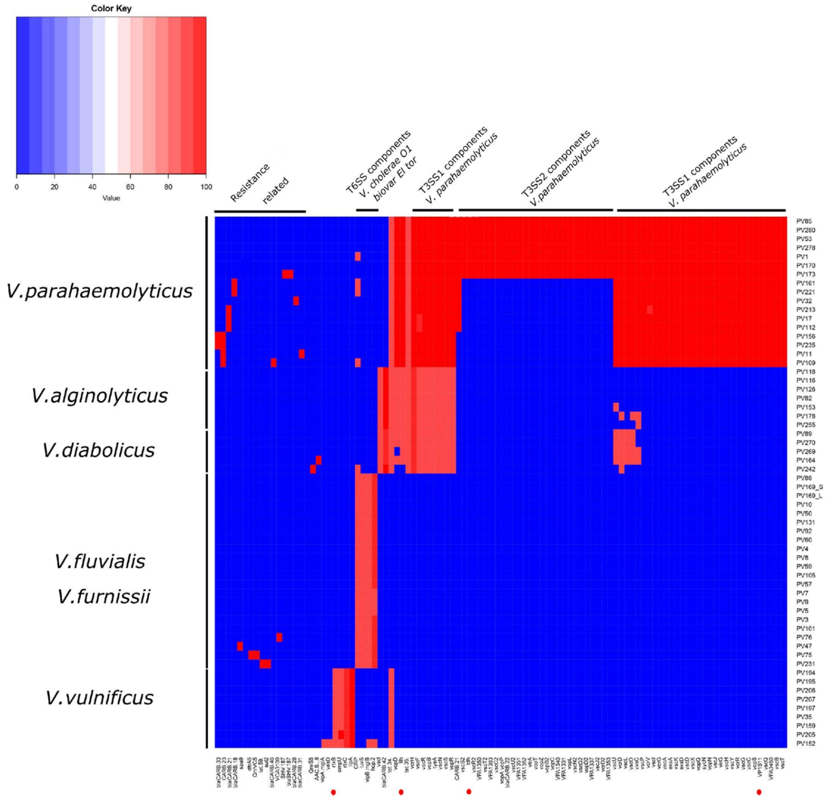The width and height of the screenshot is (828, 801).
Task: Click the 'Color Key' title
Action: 111,9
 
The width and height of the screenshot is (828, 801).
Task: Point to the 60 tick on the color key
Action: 130,187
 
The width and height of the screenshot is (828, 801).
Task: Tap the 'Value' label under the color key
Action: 111,198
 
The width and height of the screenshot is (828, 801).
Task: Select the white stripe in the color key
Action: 111,95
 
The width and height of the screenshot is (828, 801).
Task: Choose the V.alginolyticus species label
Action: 100,396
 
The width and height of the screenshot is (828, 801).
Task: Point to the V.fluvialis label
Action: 100,562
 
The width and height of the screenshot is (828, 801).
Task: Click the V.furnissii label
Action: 103,597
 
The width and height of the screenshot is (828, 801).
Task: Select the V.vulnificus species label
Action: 100,698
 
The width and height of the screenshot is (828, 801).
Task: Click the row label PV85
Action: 804,221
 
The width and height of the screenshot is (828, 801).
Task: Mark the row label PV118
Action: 806,372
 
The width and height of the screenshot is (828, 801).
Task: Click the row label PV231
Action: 806,664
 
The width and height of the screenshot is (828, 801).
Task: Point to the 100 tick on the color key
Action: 206,187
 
